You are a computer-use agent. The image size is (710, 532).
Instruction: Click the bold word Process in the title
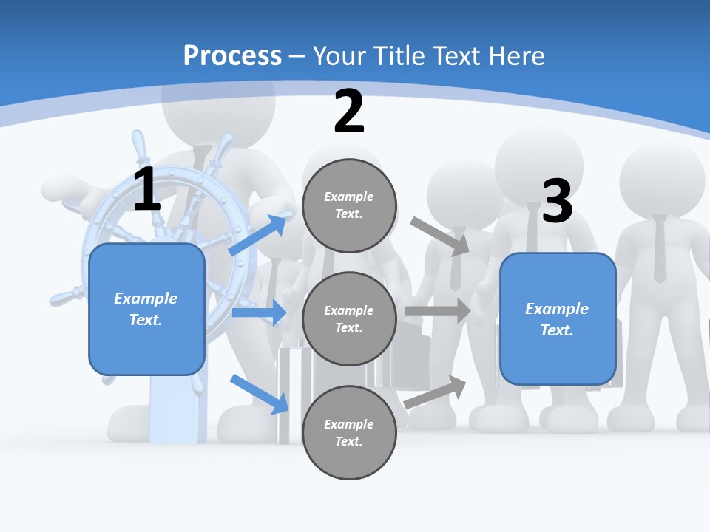pyautogui.click(x=232, y=55)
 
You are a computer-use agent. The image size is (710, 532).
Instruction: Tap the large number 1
pyautogui.click(x=147, y=189)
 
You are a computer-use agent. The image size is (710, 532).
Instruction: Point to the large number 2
pyautogui.click(x=349, y=112)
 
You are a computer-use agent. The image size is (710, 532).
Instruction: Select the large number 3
pyautogui.click(x=558, y=201)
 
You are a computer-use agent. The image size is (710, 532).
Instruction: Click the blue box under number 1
pyautogui.click(x=146, y=309)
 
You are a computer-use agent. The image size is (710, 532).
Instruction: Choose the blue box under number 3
pyautogui.click(x=558, y=319)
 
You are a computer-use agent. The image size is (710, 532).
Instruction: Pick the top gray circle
pyautogui.click(x=349, y=205)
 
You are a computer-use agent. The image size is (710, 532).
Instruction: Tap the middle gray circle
pyautogui.click(x=349, y=318)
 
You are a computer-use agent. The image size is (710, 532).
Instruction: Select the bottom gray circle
pyautogui.click(x=349, y=432)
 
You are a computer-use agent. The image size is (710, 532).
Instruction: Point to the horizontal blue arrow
pyautogui.click(x=259, y=313)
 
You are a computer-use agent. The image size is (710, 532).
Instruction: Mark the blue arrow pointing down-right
pyautogui.click(x=260, y=393)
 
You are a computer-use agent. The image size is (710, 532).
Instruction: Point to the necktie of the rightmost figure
pyautogui.click(x=660, y=248)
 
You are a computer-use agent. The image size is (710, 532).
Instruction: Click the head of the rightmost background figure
pyautogui.click(x=662, y=177)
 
